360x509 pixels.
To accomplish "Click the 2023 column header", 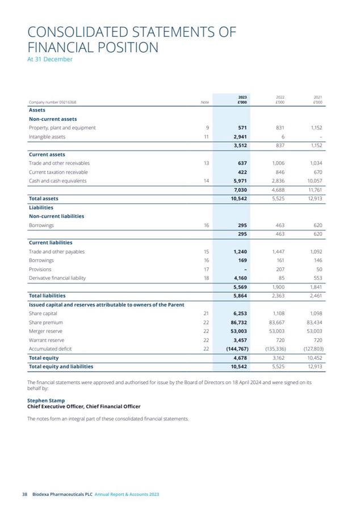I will point(242,99).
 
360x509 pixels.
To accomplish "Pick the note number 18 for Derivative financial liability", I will point(207,278).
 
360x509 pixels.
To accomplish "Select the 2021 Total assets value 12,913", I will point(313,199).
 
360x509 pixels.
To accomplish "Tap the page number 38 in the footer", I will point(24,494).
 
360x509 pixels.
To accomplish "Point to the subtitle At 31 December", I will point(50,59).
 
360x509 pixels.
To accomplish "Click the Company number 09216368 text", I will point(53,102).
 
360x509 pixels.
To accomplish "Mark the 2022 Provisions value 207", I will point(279,269).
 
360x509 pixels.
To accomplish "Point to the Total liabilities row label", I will point(47,296).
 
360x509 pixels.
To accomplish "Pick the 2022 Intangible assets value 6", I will point(282,137).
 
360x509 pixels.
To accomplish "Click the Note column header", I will point(206,102).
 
